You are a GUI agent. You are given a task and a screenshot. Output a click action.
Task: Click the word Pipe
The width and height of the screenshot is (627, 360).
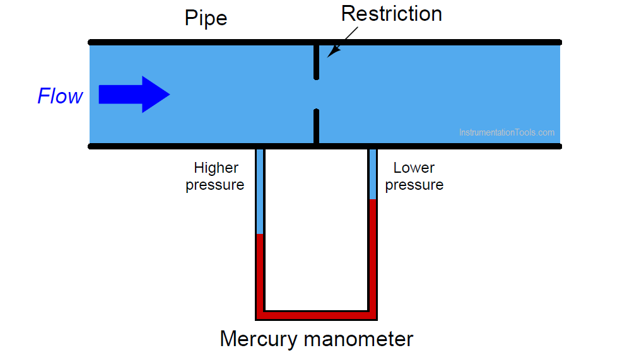pos(206,18)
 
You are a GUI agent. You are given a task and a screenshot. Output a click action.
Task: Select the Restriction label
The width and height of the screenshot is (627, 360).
pos(392,14)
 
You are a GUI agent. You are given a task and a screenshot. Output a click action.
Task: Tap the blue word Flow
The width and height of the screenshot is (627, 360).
pos(60,96)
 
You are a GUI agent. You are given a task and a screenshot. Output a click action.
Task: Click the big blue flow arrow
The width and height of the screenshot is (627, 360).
pos(134,95)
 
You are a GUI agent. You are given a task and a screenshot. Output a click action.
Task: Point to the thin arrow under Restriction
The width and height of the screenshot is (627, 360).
pos(343,42)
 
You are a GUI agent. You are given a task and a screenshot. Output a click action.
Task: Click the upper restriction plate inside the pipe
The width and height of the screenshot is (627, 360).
pos(316,62)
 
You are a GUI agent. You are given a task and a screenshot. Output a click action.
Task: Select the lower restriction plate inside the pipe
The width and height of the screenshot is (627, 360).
pos(316,126)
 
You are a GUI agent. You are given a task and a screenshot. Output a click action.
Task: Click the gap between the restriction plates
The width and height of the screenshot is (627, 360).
pos(316,95)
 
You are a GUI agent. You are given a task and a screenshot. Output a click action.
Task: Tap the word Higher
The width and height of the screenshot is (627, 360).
pos(216,168)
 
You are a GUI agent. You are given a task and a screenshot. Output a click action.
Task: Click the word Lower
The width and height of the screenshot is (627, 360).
pos(414,168)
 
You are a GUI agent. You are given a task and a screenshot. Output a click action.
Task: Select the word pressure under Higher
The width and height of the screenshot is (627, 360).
pos(214,185)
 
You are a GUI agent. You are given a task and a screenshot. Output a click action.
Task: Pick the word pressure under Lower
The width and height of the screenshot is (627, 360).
pos(414,185)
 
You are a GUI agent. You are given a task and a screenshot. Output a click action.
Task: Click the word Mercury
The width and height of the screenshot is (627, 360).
pos(259,339)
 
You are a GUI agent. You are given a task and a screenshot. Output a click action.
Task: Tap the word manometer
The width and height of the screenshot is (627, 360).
pos(358,339)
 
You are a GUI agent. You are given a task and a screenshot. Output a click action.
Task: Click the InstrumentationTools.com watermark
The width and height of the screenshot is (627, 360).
pos(507,132)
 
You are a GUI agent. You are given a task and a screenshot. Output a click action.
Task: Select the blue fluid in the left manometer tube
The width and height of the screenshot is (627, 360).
pos(260,192)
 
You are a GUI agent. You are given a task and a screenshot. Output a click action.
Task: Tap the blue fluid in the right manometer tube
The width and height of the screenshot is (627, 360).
pos(373,174)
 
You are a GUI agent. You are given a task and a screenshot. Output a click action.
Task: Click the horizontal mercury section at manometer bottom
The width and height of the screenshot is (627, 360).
pos(316,315)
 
